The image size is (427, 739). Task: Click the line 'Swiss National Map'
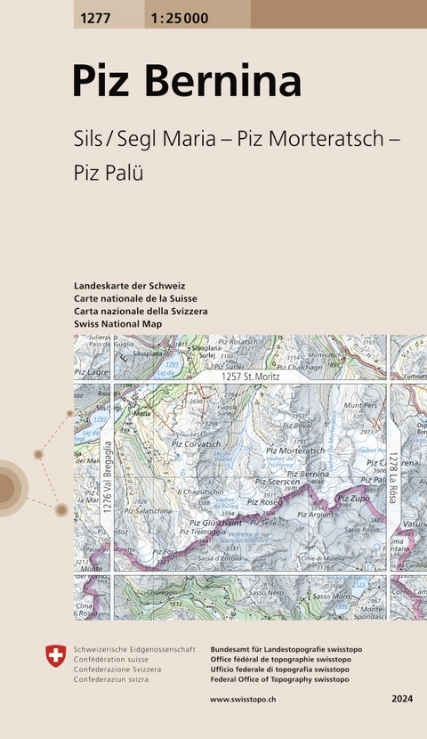click(x=124, y=325)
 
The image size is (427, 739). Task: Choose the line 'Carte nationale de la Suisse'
click(x=136, y=298)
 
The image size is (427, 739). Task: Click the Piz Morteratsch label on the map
click(x=295, y=451)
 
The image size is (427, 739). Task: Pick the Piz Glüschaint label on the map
click(x=213, y=523)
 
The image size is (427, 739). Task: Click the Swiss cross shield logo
click(x=55, y=656)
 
